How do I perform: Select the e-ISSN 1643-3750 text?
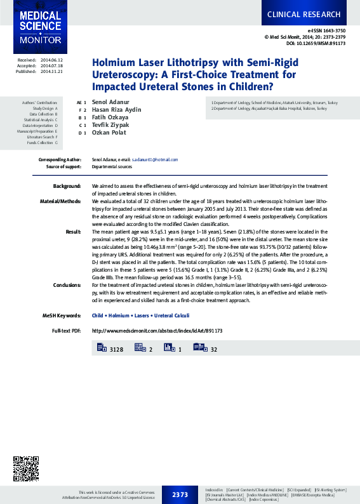(x=327, y=30)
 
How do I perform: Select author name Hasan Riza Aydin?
(x=117, y=110)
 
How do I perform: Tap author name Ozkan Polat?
(x=109, y=133)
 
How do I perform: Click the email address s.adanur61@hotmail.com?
(x=155, y=160)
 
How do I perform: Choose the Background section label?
(x=67, y=186)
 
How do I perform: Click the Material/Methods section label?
(x=60, y=201)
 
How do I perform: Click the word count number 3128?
(x=116, y=349)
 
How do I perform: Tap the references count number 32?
(x=214, y=349)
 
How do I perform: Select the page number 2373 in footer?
(x=180, y=494)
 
